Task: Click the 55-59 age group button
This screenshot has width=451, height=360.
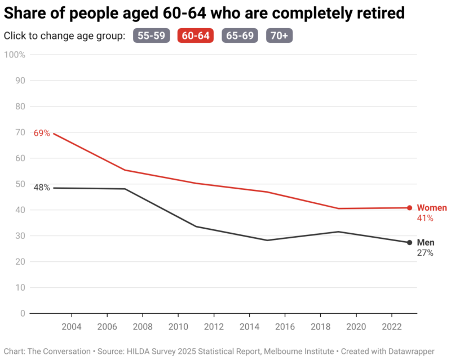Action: (152, 35)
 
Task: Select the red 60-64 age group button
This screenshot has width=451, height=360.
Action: (196, 35)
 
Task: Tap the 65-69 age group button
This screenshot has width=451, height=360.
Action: (240, 35)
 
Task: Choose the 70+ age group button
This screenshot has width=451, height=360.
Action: (279, 35)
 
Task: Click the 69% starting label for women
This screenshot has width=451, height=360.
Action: (42, 134)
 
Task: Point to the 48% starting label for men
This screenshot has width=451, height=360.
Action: (42, 188)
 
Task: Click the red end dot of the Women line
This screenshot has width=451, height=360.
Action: (410, 208)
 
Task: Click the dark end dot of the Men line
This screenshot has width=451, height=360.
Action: (410, 243)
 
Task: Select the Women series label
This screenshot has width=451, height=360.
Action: (431, 208)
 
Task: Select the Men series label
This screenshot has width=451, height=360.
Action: (426, 243)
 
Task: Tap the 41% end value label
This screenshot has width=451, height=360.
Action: (425, 218)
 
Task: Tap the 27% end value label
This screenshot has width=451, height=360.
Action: (425, 253)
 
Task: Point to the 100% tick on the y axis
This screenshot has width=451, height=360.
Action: (15, 55)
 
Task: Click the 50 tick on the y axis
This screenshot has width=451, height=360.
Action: (20, 184)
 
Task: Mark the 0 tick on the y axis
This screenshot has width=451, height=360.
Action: (23, 313)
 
